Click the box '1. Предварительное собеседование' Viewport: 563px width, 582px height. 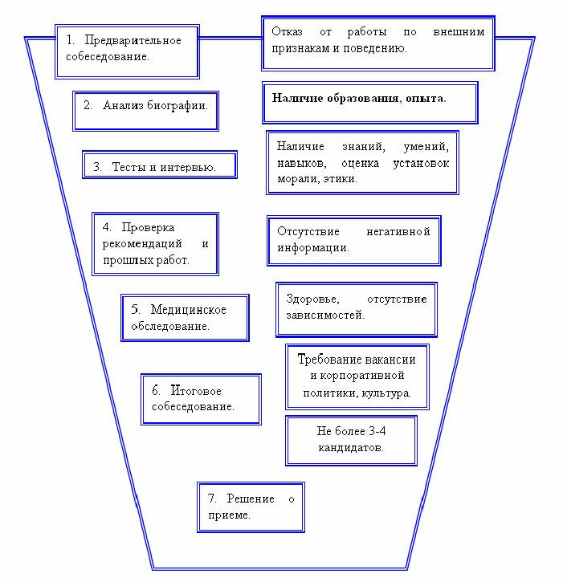click(x=127, y=50)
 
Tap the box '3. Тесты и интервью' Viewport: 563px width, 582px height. click(x=161, y=166)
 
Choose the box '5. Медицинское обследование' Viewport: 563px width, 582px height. click(x=185, y=318)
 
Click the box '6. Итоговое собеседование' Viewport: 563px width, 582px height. click(x=201, y=398)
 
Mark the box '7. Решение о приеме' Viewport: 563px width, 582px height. click(x=251, y=507)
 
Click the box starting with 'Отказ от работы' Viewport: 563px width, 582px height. click(x=377, y=41)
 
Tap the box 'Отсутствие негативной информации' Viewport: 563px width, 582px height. click(x=353, y=239)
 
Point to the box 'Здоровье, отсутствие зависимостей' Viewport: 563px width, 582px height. click(x=356, y=307)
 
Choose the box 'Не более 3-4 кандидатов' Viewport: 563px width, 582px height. click(x=351, y=438)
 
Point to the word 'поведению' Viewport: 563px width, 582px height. click(x=378, y=49)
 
